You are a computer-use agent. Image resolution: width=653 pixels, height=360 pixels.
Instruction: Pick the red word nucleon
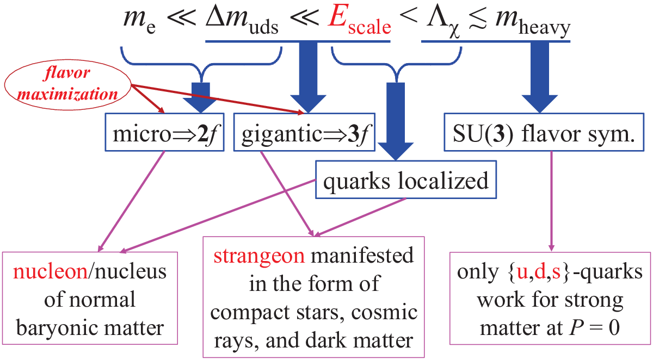tap(50, 271)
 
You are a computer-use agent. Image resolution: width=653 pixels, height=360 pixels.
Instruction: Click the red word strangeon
tap(259, 256)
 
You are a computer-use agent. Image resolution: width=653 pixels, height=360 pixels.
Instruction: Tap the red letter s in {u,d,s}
tap(556, 273)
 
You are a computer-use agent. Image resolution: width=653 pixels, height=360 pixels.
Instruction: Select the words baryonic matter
tap(90, 328)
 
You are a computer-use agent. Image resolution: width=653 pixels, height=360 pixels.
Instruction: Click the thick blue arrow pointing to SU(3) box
tap(540, 77)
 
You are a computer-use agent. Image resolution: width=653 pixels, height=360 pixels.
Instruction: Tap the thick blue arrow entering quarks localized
tap(396, 121)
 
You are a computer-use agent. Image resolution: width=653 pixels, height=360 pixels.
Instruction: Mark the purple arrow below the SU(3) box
tap(551, 201)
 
